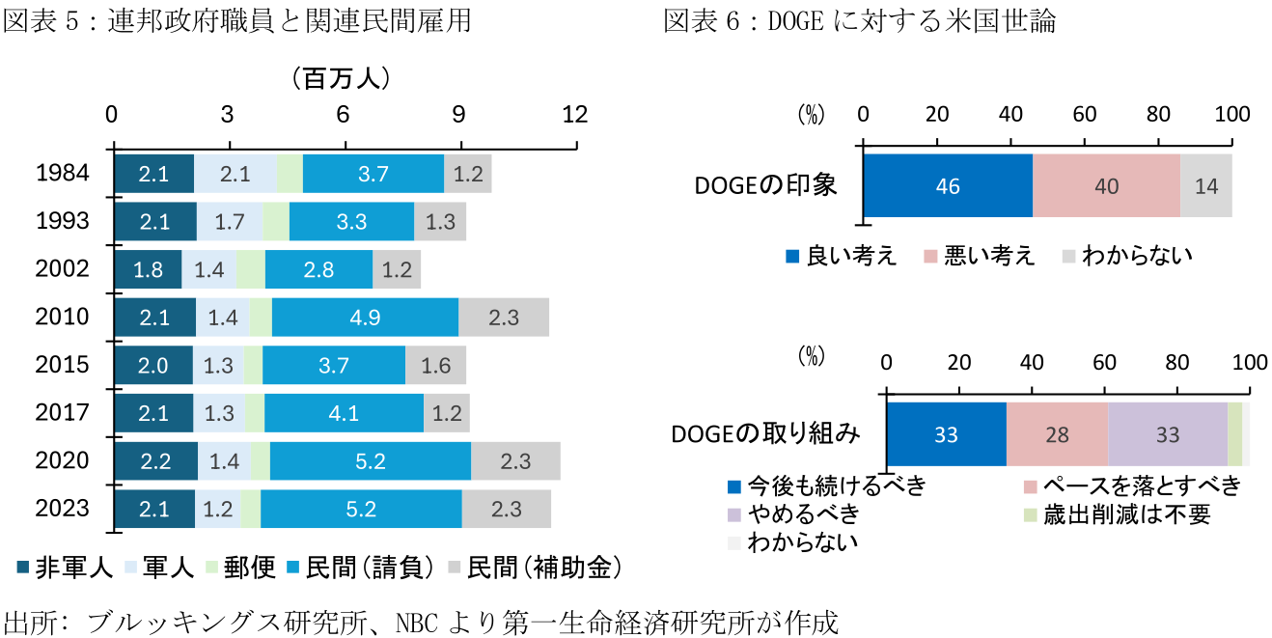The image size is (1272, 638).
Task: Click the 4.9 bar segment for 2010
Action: click(365, 317)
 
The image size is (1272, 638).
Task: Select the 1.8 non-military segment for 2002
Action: click(148, 269)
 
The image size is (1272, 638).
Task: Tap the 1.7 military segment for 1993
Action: click(229, 221)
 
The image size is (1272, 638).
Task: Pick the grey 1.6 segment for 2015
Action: click(435, 365)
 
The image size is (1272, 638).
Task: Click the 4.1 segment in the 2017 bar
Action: click(344, 413)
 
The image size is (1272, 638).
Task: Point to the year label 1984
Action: click(62, 174)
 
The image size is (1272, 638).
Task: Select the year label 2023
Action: click(62, 509)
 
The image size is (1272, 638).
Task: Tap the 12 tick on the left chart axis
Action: click(575, 114)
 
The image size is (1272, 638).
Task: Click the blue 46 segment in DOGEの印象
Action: click(948, 186)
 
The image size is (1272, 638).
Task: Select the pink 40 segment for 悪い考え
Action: click(1106, 186)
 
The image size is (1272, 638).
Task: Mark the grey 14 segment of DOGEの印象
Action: click(1206, 186)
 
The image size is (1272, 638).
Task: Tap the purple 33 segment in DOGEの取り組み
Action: click(1168, 435)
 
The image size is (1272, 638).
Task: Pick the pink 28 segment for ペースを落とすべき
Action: click(1057, 435)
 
